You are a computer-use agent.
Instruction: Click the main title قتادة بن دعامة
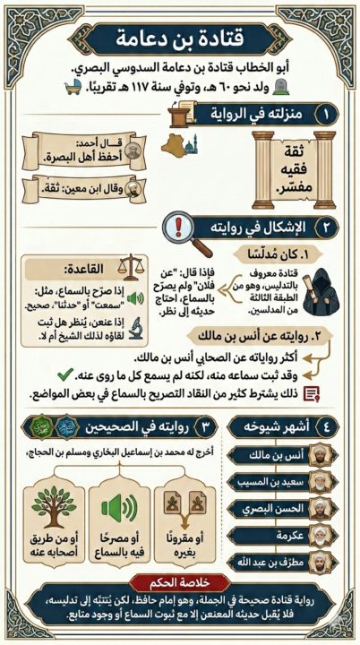[180, 38]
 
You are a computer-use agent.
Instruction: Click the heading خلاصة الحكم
[180, 585]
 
